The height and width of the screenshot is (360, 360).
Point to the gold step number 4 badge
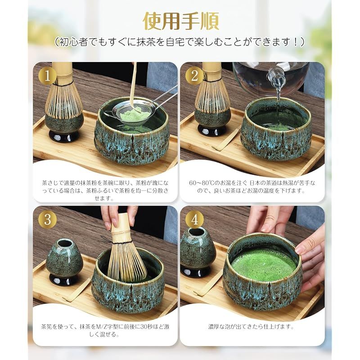[x=194, y=219]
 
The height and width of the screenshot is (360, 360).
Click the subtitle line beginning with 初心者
[x=180, y=42]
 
